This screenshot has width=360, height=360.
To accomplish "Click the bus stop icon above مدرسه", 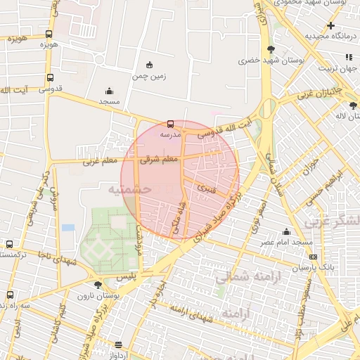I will click(171, 124).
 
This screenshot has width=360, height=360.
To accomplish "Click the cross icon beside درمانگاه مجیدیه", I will click(330, 25).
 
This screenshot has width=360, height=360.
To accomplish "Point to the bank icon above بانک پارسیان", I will click(313, 257).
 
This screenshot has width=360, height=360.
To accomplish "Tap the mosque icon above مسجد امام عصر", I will click(286, 231).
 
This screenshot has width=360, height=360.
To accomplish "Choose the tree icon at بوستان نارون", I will click(97, 285).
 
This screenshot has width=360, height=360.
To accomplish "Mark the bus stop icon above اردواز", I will click(117, 345).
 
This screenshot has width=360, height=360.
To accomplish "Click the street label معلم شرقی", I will click(161, 161).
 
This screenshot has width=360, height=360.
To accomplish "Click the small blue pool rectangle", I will click(68, 228).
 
